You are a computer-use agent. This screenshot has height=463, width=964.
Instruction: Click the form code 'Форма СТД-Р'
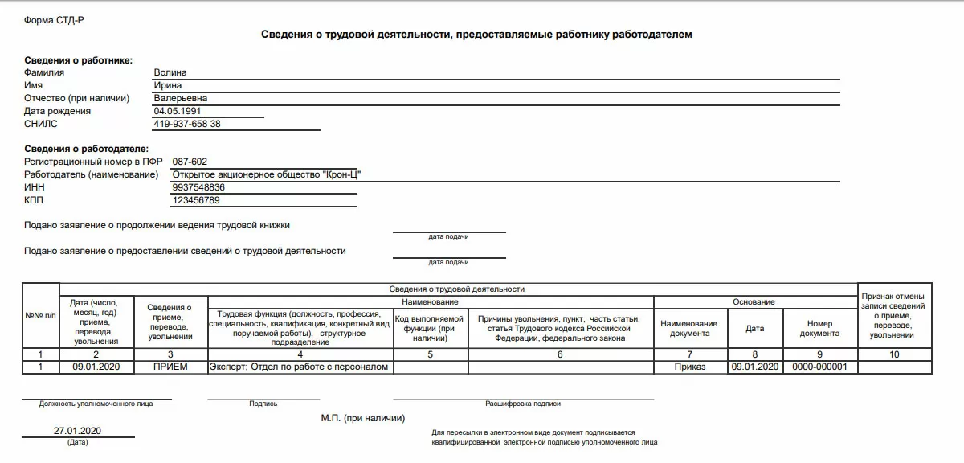(54, 19)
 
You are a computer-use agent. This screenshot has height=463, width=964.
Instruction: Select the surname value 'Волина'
(170, 72)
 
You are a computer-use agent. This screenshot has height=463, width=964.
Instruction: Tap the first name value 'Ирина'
(168, 85)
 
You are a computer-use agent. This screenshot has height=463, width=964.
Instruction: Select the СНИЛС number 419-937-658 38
(187, 124)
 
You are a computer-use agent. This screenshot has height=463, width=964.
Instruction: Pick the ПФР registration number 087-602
(190, 162)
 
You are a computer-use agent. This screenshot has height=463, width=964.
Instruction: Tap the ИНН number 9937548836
(198, 187)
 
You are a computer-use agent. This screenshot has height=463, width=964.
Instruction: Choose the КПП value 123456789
(196, 200)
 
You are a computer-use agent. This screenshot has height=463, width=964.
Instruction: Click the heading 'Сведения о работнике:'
(78, 60)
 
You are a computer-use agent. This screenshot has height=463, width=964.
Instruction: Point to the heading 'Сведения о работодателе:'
(86, 149)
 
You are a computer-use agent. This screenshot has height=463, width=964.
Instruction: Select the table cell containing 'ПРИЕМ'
(170, 367)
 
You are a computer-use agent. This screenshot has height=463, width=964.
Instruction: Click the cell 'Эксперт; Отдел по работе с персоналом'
(299, 367)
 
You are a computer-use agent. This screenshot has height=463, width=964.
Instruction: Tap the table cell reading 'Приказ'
(691, 367)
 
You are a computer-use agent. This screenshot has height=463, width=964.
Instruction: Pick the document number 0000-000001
(819, 367)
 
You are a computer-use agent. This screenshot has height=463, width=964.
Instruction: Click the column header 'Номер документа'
(819, 328)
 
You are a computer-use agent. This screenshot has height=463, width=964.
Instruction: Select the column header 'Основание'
(754, 301)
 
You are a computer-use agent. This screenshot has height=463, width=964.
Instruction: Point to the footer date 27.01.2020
(78, 431)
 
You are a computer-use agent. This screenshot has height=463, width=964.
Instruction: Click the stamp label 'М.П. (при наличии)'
(363, 418)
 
